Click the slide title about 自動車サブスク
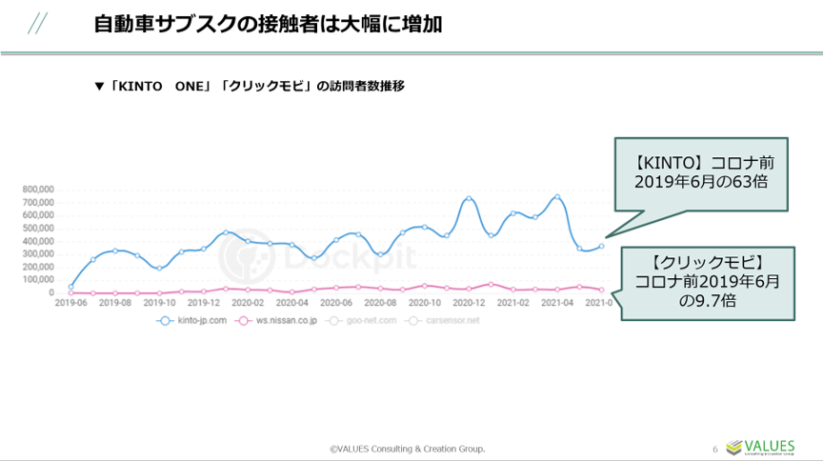pyautogui.click(x=268, y=25)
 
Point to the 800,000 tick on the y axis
pyautogui.click(x=37, y=189)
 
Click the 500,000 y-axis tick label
pyautogui.click(x=37, y=228)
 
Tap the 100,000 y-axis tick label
pyautogui.click(x=37, y=280)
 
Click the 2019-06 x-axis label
pyautogui.click(x=70, y=302)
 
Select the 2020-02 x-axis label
pyautogui.click(x=247, y=302)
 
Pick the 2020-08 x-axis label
pyautogui.click(x=379, y=302)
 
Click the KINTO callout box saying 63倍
pyautogui.click(x=701, y=173)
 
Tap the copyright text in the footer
pyautogui.click(x=407, y=448)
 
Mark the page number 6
pyautogui.click(x=715, y=449)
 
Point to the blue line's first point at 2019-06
pyautogui.click(x=70, y=287)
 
